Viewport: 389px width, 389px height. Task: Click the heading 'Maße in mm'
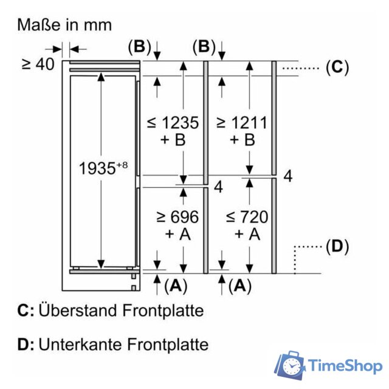pyautogui.click(x=64, y=25)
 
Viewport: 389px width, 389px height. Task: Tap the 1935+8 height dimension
pyautogui.click(x=103, y=168)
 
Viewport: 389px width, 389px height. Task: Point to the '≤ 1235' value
pyautogui.click(x=173, y=123)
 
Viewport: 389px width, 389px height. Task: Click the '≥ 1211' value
pyautogui.click(x=241, y=123)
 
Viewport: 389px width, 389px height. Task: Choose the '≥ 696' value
pyautogui.click(x=178, y=216)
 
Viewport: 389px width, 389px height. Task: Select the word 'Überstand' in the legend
pyautogui.click(x=77, y=311)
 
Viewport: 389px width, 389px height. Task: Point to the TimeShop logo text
pyautogui.click(x=345, y=366)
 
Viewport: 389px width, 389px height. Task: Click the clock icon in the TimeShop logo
pyautogui.click(x=292, y=367)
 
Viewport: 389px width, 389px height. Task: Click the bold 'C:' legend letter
pyautogui.click(x=26, y=311)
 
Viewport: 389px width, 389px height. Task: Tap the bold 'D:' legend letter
pyautogui.click(x=26, y=345)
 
